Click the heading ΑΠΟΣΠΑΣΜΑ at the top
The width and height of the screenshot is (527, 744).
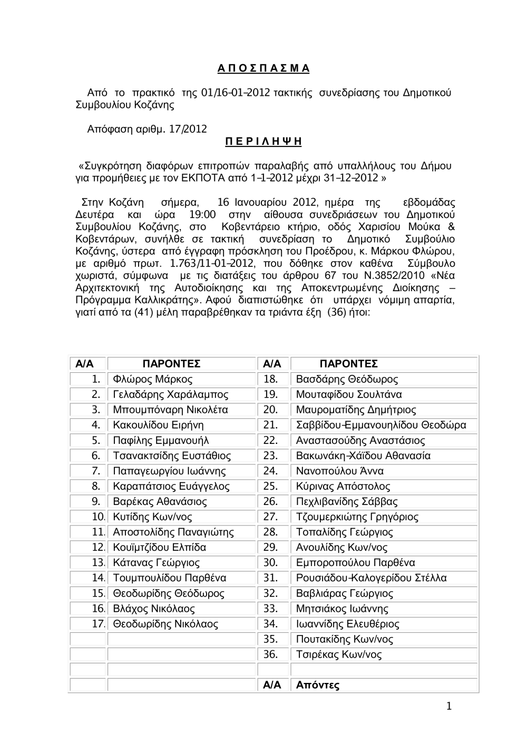click(x=263, y=69)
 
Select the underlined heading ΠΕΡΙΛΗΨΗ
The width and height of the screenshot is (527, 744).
click(x=263, y=142)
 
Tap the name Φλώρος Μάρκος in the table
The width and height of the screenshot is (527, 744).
click(x=153, y=379)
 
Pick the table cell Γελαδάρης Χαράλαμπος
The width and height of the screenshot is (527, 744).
click(x=171, y=394)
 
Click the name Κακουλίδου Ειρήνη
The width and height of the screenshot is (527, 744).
click(x=158, y=425)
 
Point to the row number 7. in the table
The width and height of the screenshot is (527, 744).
click(x=96, y=471)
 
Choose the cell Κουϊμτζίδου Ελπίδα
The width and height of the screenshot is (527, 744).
click(x=160, y=547)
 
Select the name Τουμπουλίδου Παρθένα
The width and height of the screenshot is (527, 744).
click(x=170, y=578)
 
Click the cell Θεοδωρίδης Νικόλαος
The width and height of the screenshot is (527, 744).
click(x=165, y=624)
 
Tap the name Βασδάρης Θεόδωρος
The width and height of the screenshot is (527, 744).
click(x=347, y=379)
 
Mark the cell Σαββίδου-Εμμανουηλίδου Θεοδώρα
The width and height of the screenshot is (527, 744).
click(x=381, y=425)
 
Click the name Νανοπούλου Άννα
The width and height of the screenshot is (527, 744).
click(x=339, y=471)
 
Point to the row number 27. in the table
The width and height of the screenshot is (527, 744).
click(x=270, y=517)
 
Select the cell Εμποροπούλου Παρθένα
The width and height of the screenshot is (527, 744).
click(x=355, y=562)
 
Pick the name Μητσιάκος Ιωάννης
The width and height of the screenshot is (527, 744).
click(x=342, y=609)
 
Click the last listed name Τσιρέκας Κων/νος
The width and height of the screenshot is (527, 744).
click(x=339, y=654)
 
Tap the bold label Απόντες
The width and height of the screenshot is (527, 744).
click(x=318, y=685)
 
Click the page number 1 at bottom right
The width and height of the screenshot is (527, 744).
click(x=448, y=707)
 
